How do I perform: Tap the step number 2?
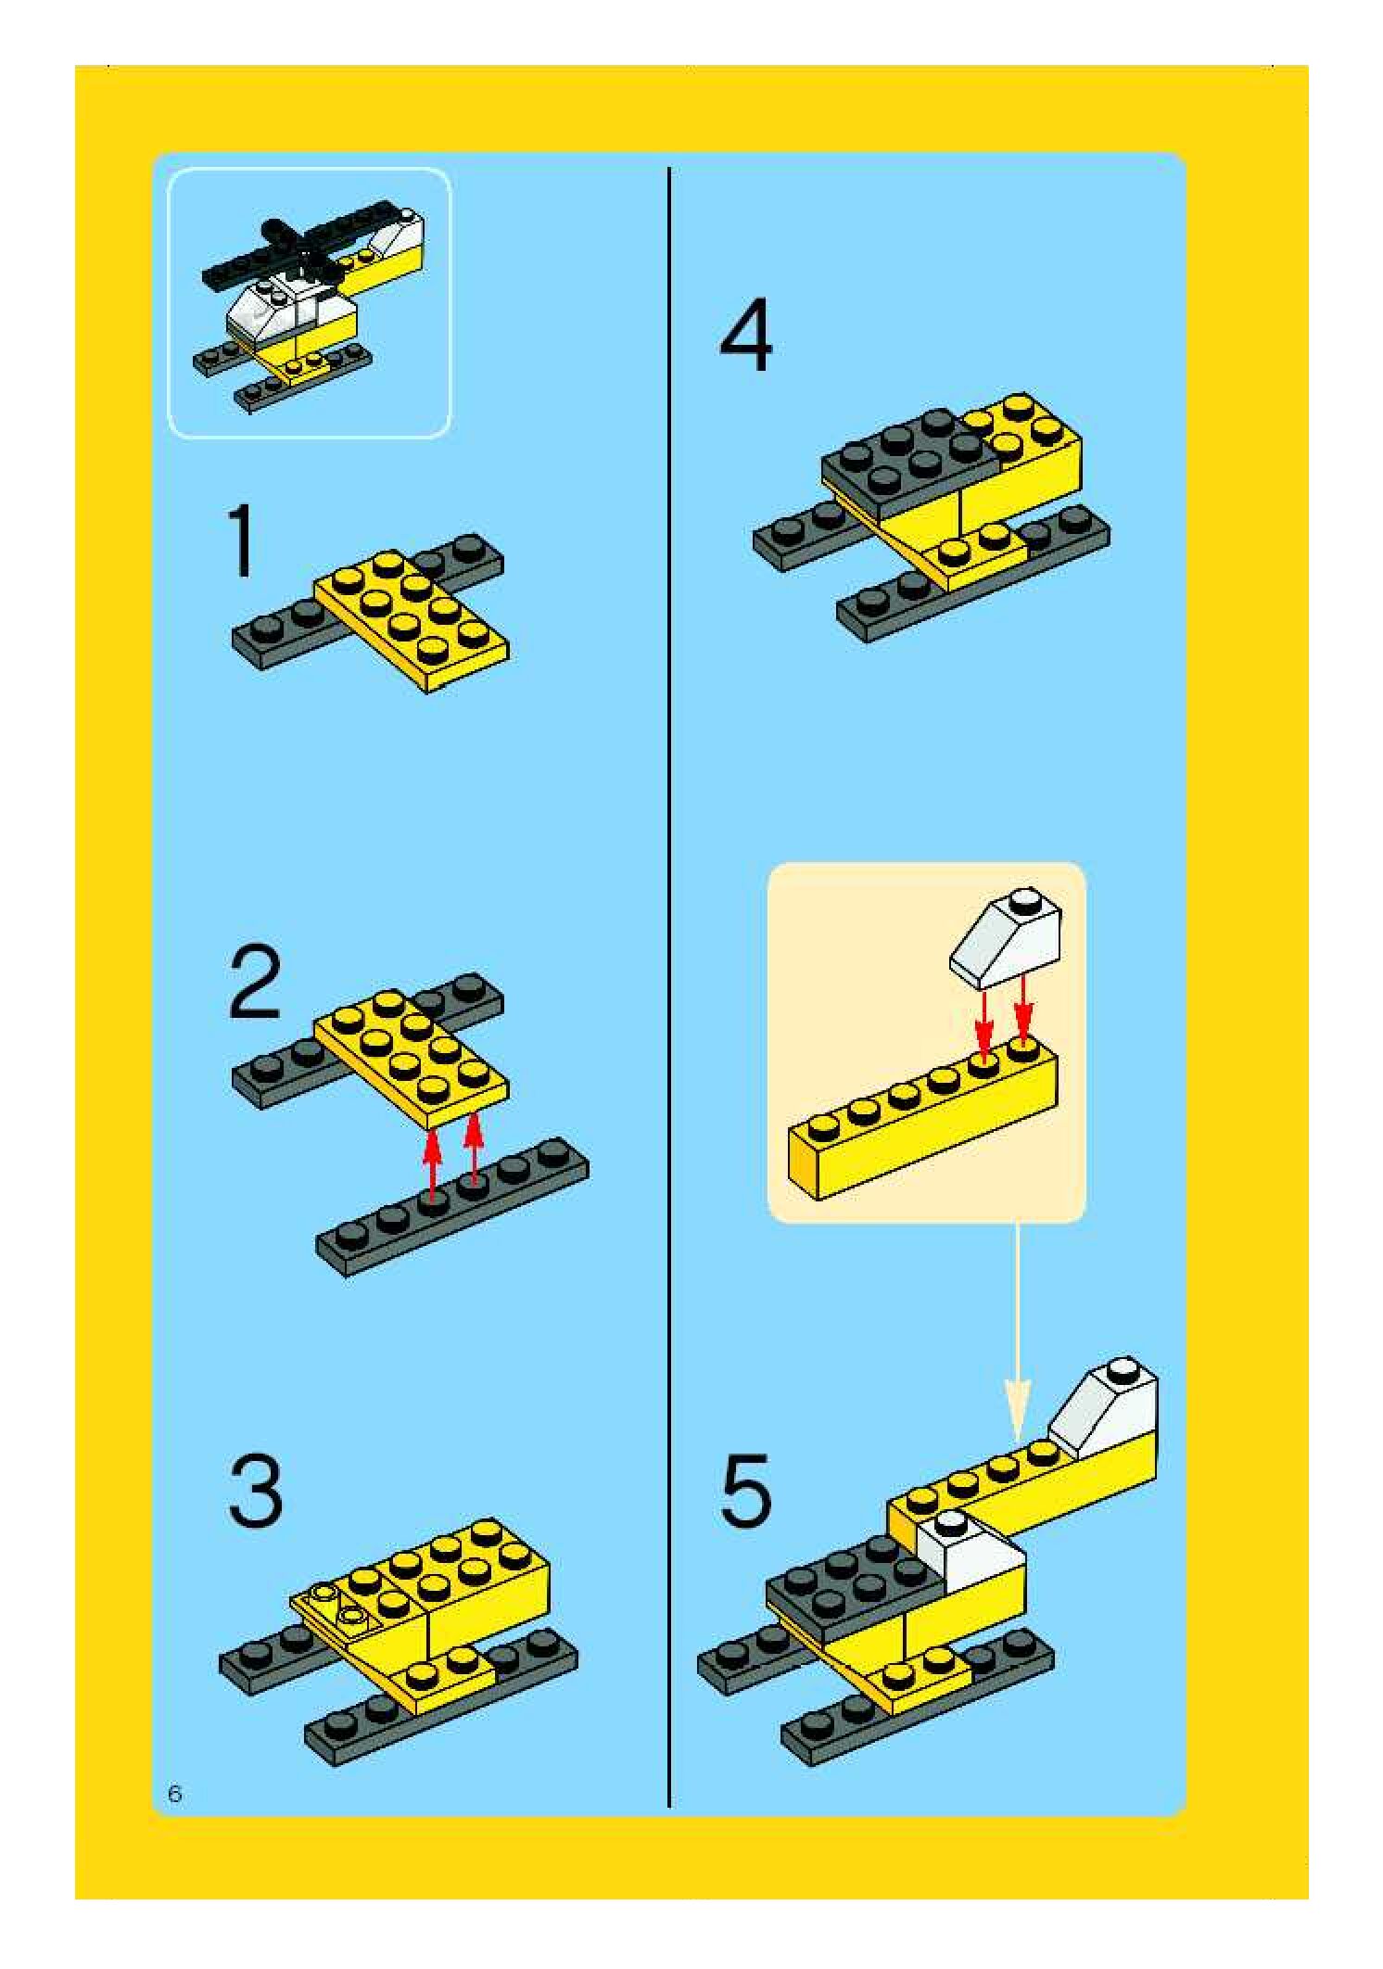[255, 982]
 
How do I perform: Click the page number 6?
[175, 1794]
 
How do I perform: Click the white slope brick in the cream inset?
[1006, 939]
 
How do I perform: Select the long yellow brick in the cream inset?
[922, 1117]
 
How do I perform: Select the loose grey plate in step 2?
[452, 1206]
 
